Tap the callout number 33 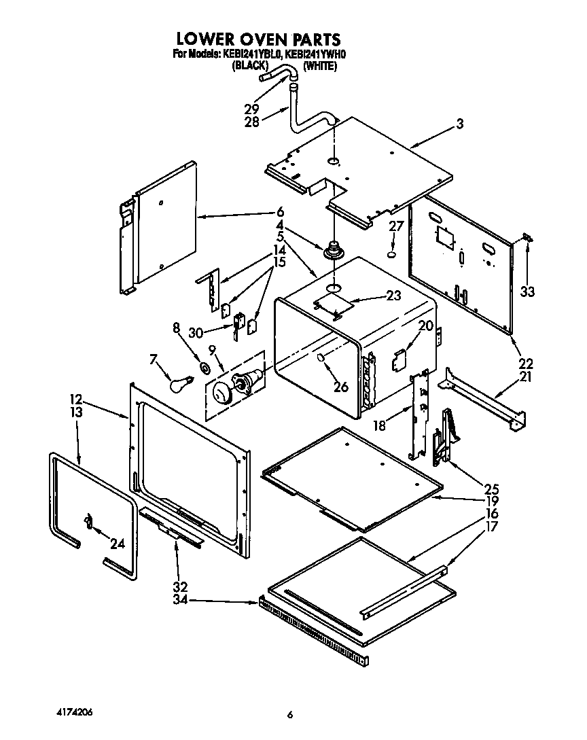pos(528,292)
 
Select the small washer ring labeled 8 pos(204,368)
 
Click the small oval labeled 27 pos(392,255)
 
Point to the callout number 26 pos(341,387)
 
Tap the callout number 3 pos(460,124)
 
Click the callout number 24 pos(118,544)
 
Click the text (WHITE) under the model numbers pos(319,66)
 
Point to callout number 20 pos(426,325)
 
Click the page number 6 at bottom pos(290,714)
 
